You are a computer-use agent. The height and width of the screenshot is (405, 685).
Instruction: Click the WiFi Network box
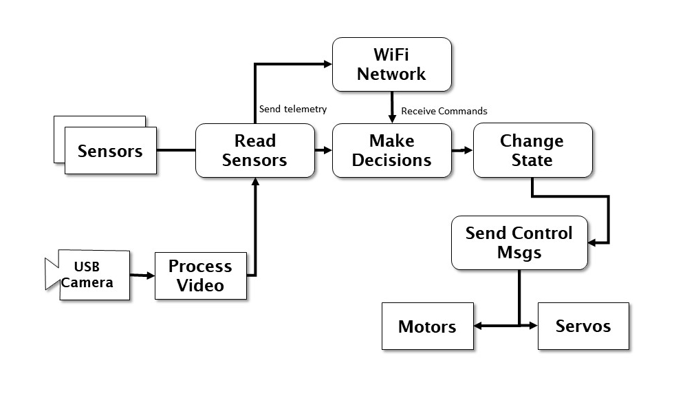click(x=391, y=64)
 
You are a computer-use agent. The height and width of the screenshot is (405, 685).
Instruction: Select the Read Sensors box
click(x=254, y=150)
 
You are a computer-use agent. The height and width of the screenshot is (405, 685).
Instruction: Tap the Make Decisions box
click(x=391, y=150)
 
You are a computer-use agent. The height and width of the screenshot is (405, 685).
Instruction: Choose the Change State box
click(x=532, y=150)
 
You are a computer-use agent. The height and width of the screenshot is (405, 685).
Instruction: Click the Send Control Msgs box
click(x=519, y=242)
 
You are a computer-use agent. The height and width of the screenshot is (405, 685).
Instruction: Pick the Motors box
click(x=427, y=326)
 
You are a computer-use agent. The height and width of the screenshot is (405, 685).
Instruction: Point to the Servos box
click(x=583, y=326)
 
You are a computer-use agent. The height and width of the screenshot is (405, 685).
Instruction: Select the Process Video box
click(x=200, y=276)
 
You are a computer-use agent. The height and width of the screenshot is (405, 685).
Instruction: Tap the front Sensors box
click(x=110, y=151)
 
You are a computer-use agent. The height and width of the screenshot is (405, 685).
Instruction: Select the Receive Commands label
click(x=444, y=111)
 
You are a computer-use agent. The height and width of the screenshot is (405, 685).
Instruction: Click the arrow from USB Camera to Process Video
click(x=142, y=276)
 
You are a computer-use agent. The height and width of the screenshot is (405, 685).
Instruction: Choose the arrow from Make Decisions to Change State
click(x=462, y=149)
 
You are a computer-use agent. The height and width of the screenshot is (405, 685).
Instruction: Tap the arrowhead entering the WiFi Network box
click(x=327, y=64)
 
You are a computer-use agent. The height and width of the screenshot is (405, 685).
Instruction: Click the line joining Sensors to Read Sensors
click(x=176, y=149)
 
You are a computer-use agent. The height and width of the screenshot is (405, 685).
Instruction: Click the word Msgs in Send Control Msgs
click(x=519, y=252)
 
